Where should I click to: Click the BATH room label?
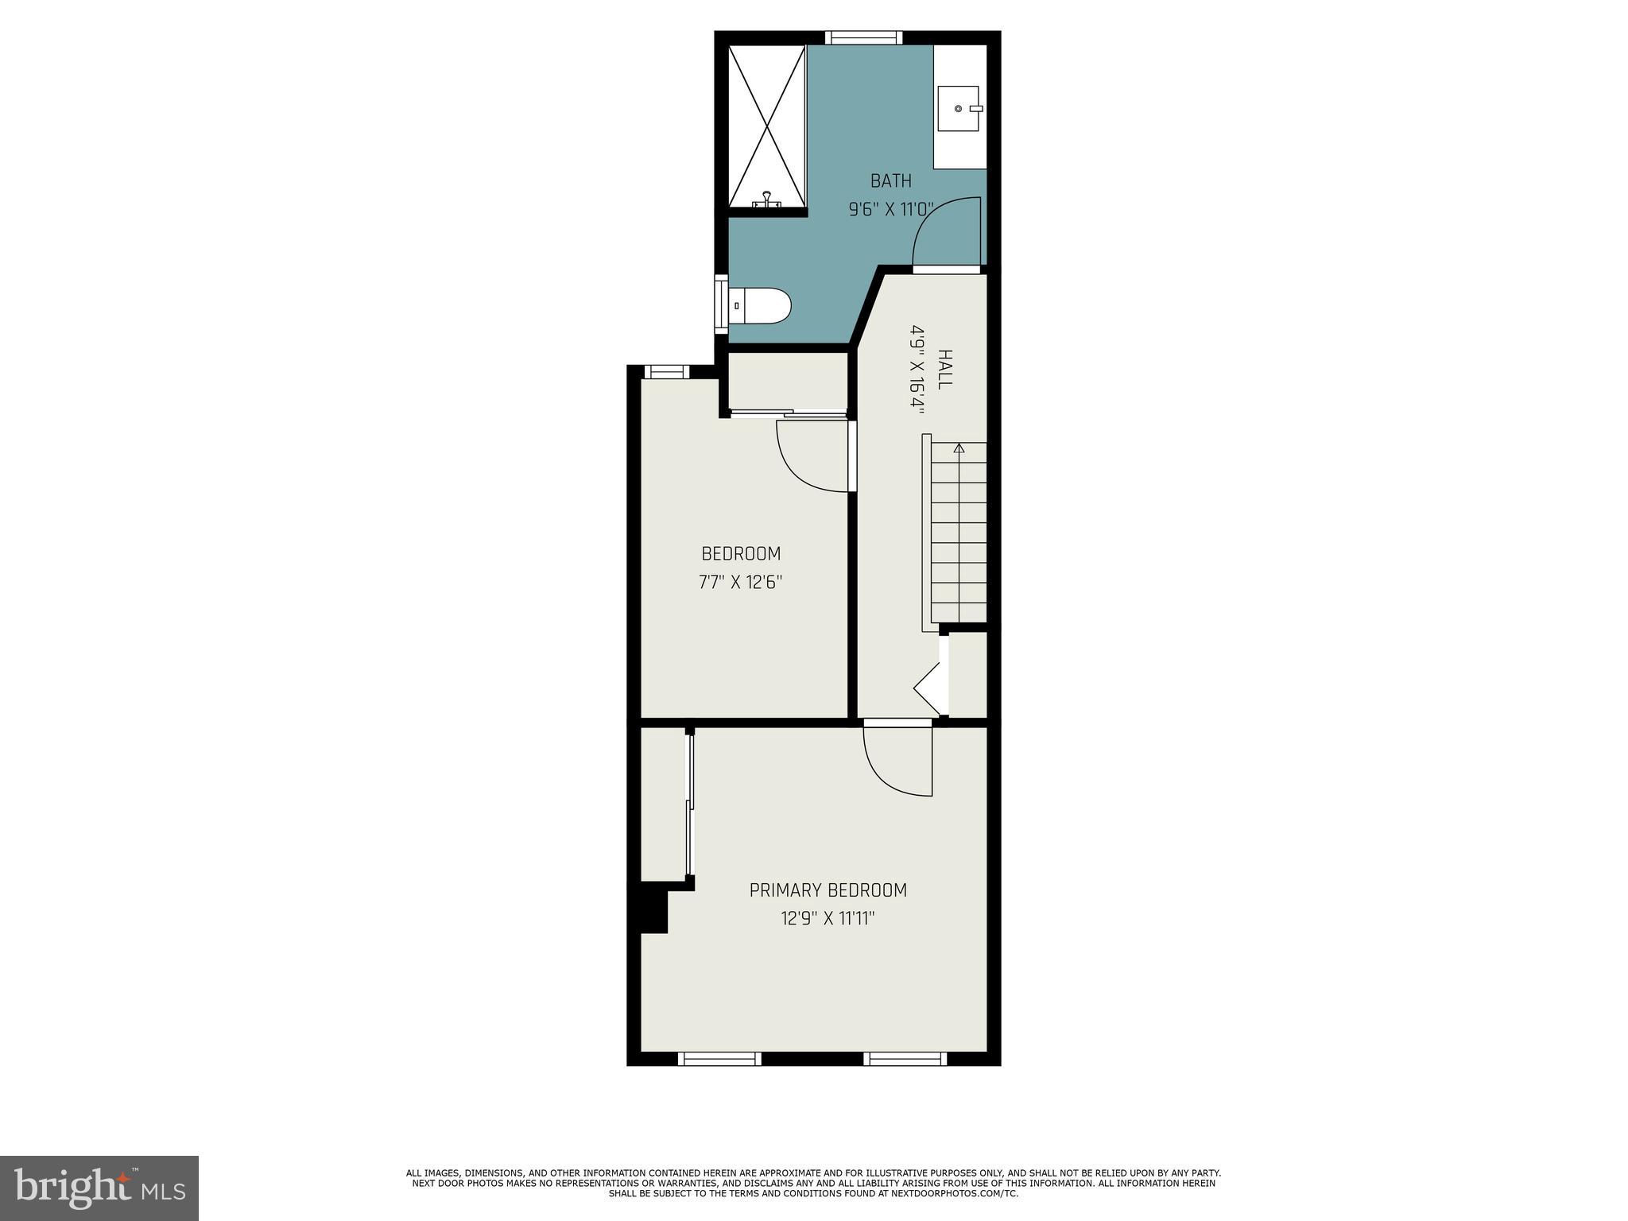pyautogui.click(x=890, y=181)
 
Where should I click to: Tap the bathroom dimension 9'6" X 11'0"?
pyautogui.click(x=890, y=210)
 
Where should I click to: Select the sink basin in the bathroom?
pyautogui.click(x=959, y=108)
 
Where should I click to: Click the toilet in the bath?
pyautogui.click(x=762, y=306)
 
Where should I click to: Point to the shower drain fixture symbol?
pyautogui.click(x=767, y=200)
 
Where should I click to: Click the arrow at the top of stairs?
pyautogui.click(x=959, y=448)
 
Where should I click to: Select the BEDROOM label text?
pyautogui.click(x=741, y=553)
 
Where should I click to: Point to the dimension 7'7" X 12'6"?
pyautogui.click(x=741, y=583)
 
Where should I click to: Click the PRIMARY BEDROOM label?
pyautogui.click(x=828, y=890)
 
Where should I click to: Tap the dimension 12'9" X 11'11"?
pyautogui.click(x=828, y=919)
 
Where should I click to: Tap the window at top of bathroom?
pyautogui.click(x=863, y=37)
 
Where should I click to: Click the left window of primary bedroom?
pyautogui.click(x=719, y=1058)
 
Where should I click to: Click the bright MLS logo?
pyautogui.click(x=99, y=1188)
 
